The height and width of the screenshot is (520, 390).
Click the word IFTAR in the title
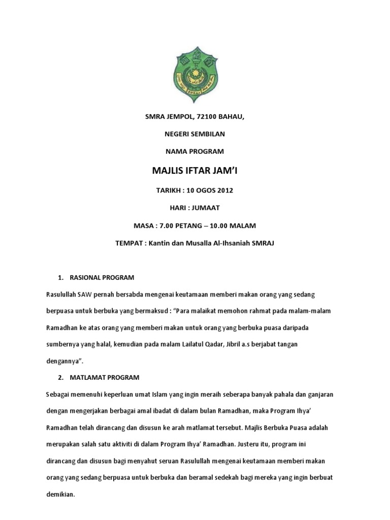point(194,171)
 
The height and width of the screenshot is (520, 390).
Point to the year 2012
point(225,190)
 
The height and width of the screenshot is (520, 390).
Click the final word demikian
point(60,494)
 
